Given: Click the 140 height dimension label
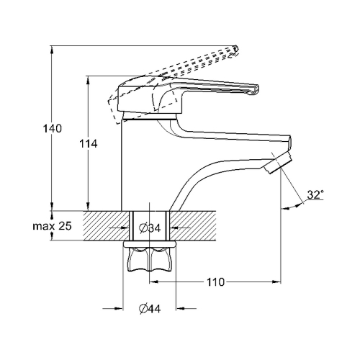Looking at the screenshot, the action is (x=53, y=129).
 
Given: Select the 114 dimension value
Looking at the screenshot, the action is (x=89, y=144).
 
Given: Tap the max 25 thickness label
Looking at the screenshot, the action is (x=52, y=226).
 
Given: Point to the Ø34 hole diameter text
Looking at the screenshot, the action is (x=150, y=228).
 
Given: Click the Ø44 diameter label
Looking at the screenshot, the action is (x=150, y=308).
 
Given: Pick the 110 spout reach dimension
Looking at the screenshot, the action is (x=215, y=282).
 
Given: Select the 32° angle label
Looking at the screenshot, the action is (x=315, y=194).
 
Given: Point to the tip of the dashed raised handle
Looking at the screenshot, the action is (x=236, y=49).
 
